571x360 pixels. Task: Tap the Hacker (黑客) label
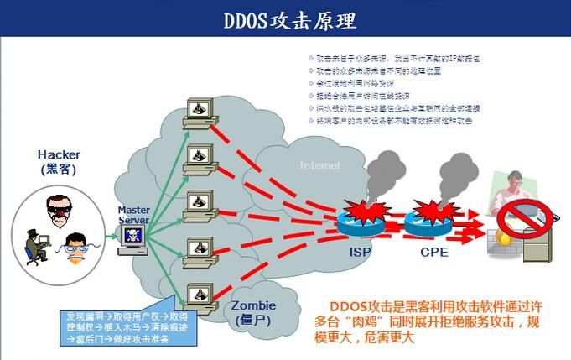(59, 161)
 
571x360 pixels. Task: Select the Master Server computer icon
(134, 237)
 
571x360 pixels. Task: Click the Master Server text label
(133, 215)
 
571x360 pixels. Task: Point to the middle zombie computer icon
(199, 202)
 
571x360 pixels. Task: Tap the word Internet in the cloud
(320, 165)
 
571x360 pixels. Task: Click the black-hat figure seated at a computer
(37, 243)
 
